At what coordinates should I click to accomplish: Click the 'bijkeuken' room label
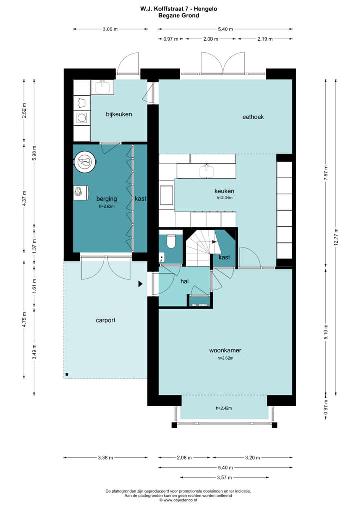click(119, 114)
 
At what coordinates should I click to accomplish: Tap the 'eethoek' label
click(253, 117)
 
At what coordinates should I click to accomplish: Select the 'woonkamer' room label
click(225, 350)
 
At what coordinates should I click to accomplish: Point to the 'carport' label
click(106, 320)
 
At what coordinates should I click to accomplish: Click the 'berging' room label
click(107, 199)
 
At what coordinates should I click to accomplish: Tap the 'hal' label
click(184, 282)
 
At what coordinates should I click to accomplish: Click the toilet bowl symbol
click(170, 241)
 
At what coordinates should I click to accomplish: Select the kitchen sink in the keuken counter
click(206, 171)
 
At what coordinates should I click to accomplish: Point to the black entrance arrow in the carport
click(140, 284)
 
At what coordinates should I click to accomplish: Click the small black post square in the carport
click(67, 375)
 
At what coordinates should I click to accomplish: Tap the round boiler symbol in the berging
click(85, 161)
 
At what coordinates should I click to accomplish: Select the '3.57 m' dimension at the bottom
click(224, 478)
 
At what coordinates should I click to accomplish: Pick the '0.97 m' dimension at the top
click(171, 39)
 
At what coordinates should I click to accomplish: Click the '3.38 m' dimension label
click(106, 458)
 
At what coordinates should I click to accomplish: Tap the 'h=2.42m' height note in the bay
click(224, 408)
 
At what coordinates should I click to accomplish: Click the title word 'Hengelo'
click(206, 9)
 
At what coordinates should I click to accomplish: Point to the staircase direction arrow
click(214, 242)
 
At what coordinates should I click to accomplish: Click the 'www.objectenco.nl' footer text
click(180, 500)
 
